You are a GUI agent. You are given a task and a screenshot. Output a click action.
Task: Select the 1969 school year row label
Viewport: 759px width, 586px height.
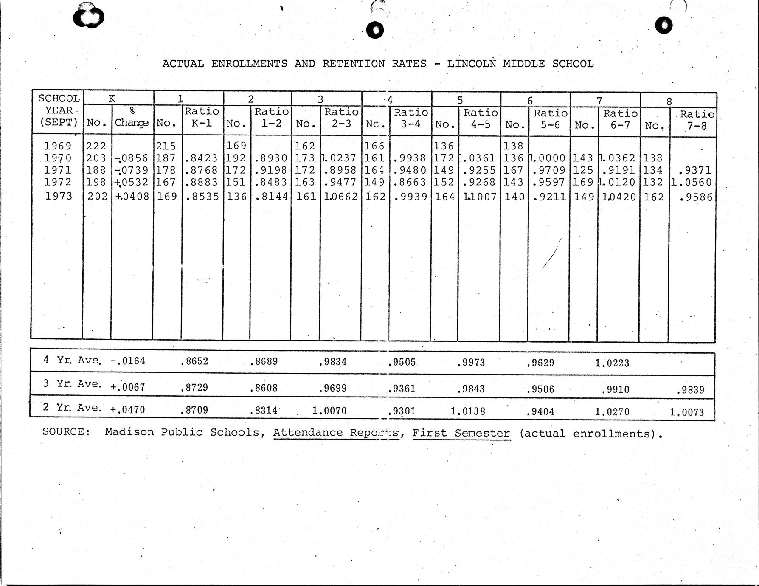(58, 146)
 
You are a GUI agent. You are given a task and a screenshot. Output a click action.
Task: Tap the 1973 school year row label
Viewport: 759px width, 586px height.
(59, 196)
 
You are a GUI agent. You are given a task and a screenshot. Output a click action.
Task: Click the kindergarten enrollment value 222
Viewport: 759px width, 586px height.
(96, 146)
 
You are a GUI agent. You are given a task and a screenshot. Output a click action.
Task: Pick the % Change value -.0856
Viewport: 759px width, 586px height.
(132, 158)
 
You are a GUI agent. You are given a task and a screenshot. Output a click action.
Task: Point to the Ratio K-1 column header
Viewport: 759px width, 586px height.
(202, 117)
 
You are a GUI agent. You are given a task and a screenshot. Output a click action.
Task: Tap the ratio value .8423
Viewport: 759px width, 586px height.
(201, 158)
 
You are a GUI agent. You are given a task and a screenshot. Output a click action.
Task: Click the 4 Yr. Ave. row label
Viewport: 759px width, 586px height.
(72, 360)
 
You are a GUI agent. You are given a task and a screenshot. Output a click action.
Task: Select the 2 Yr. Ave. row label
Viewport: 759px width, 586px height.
(72, 408)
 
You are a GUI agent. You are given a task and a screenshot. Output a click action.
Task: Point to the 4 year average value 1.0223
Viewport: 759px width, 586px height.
(612, 363)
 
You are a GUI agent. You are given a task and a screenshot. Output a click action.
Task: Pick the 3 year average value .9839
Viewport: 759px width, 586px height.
(690, 390)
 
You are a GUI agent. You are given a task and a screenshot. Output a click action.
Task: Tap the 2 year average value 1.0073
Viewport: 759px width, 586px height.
(686, 411)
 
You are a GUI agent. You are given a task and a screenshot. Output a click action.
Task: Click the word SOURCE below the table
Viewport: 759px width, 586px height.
(66, 432)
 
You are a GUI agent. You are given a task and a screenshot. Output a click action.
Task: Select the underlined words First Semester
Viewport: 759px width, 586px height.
(461, 433)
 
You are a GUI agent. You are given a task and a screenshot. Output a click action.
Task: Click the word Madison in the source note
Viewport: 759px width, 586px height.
(129, 432)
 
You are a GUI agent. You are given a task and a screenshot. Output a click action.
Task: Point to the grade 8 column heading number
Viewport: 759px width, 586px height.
(669, 101)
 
